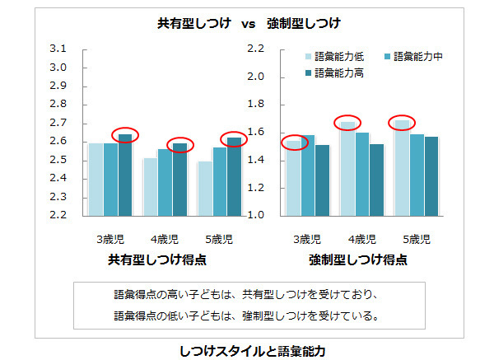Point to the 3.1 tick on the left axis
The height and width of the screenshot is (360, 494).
(x=58, y=49)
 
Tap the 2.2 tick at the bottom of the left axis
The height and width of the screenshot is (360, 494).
(x=58, y=216)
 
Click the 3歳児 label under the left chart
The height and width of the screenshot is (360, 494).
(x=110, y=240)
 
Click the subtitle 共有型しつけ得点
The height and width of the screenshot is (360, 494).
(x=156, y=259)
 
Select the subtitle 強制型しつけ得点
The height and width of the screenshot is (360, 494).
(x=358, y=259)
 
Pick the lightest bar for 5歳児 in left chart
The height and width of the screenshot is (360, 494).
(x=205, y=189)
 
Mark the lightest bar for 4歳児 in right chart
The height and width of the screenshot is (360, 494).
(x=347, y=169)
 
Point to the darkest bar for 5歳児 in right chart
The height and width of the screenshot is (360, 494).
(x=431, y=176)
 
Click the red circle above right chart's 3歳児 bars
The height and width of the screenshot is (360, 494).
(x=294, y=143)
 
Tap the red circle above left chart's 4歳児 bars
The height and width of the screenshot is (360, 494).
(x=179, y=145)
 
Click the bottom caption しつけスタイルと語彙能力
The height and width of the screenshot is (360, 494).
(x=253, y=350)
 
